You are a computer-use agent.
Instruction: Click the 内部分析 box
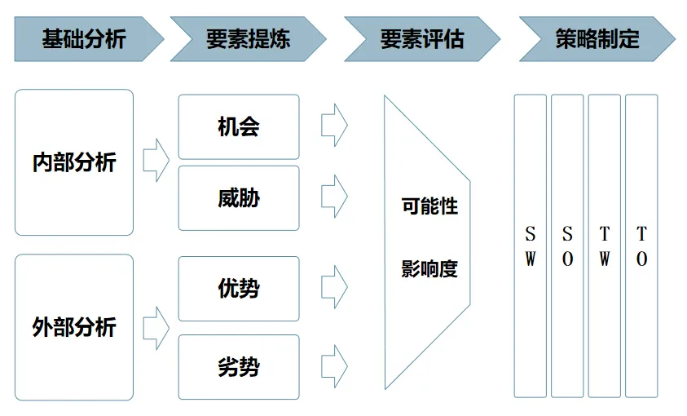tap(74, 162)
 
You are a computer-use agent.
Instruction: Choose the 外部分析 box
tap(74, 327)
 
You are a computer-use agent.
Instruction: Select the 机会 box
tap(239, 126)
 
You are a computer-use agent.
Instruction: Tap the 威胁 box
tap(239, 197)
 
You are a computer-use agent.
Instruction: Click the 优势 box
tap(239, 288)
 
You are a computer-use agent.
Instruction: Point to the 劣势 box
tap(239, 367)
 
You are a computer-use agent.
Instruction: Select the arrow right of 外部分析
tap(156, 328)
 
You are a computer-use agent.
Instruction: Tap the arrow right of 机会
tap(334, 126)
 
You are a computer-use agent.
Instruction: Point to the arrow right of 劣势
tap(334, 367)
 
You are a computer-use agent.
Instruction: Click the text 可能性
tap(429, 206)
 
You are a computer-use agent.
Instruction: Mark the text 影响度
tap(429, 269)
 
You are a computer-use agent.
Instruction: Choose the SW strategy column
tap(530, 246)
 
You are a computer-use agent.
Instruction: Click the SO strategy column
tap(567, 246)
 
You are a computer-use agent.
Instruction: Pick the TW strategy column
tap(604, 246)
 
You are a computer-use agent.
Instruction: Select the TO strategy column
tap(641, 246)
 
